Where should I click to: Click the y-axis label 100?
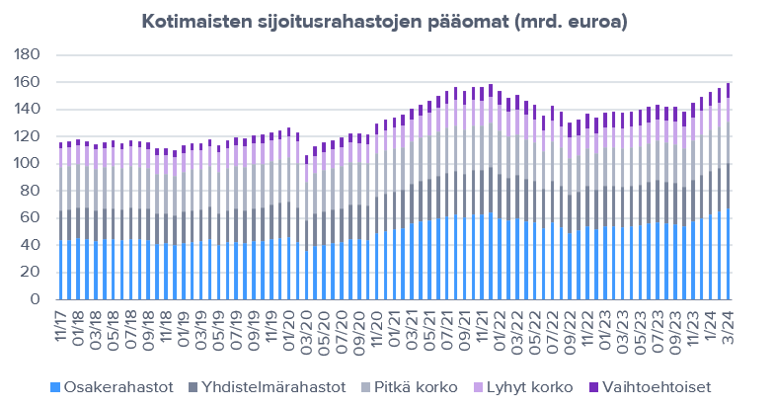tap(30, 164)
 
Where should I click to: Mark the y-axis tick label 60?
tap(34, 218)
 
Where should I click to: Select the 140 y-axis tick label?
tap(30, 110)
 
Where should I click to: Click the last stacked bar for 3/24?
tap(729, 198)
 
